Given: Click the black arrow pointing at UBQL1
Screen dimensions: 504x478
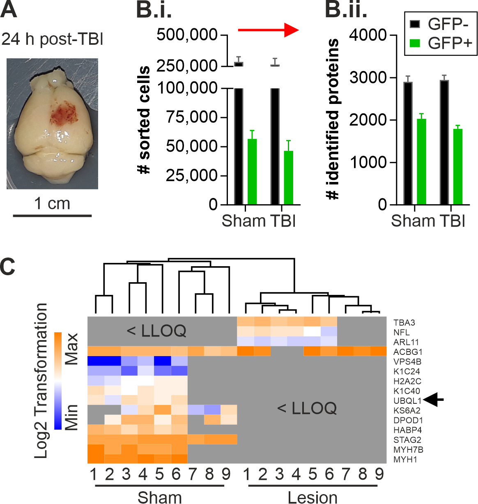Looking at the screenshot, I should pos(434,399).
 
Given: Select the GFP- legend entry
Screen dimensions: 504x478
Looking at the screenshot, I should pos(439,24).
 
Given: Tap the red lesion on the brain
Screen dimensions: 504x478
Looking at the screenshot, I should pos(62,114).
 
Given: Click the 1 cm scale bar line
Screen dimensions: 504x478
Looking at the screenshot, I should pos(52,215).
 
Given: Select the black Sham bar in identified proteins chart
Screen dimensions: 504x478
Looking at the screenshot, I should pos(408,143).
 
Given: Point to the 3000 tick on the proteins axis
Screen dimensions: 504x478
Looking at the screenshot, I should pos(368,78).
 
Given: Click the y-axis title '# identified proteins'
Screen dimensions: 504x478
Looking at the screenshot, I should pos(333,119).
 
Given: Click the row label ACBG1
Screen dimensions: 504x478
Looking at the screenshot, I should pos(407,352).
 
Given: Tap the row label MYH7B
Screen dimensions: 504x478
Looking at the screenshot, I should pos(408,450).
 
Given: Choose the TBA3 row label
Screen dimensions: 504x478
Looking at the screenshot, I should pos(404,323).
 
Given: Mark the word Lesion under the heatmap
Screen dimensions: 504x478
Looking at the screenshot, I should pos(313,497).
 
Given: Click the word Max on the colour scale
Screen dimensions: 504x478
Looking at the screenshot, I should pos(71,350).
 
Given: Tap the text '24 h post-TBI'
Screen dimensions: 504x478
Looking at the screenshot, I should pos(52,40).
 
